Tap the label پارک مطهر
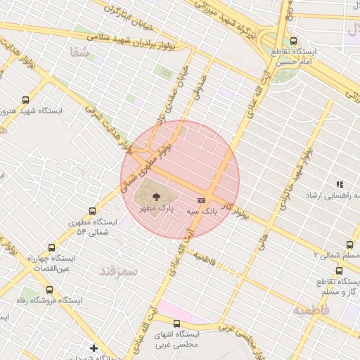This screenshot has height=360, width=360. (155, 210)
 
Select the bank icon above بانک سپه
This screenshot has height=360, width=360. (201, 200)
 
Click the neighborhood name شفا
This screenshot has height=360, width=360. (80, 51)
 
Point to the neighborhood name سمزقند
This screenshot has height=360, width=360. (117, 270)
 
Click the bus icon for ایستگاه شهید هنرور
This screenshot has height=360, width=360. (27, 100)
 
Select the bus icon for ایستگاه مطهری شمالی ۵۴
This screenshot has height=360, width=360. (92, 211)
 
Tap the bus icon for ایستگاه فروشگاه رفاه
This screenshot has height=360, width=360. (49, 289)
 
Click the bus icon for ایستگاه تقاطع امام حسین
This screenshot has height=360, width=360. (293, 41)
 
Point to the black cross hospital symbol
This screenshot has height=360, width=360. (94, 348)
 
